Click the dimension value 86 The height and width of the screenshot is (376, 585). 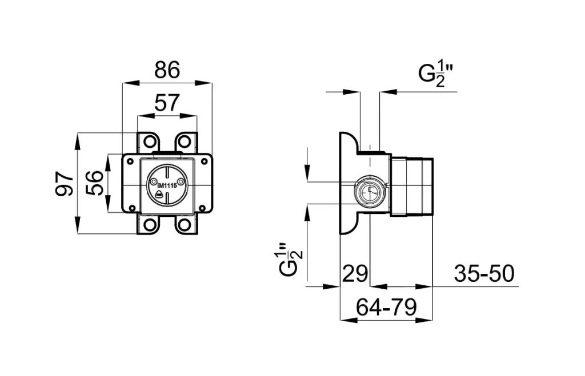coord(167,70)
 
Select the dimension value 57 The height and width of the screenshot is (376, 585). coord(167,103)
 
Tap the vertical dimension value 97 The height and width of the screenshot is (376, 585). coord(65,183)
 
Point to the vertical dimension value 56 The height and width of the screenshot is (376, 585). coord(94,183)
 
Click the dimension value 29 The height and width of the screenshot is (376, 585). coord(355,273)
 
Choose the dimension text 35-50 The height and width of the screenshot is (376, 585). coord(484,273)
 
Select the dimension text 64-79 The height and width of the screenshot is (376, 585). coord(386,308)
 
